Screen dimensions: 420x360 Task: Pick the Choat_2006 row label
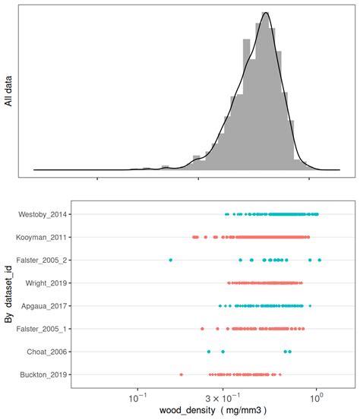49,352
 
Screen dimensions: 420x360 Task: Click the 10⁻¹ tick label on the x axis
137,396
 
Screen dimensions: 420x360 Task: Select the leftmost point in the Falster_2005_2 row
170,261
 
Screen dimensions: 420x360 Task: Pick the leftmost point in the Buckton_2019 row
181,374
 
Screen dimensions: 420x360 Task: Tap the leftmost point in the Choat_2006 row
209,352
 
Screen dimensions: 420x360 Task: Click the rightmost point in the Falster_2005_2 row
319,261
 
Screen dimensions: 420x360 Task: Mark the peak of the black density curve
265,12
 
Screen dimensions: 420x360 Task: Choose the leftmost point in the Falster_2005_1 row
202,329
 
